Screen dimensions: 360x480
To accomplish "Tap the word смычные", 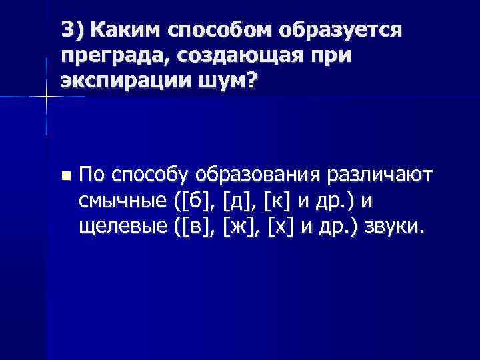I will click(123, 201).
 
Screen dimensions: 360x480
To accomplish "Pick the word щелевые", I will click(123, 227).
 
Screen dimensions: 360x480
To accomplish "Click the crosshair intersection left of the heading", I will click(46, 97).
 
